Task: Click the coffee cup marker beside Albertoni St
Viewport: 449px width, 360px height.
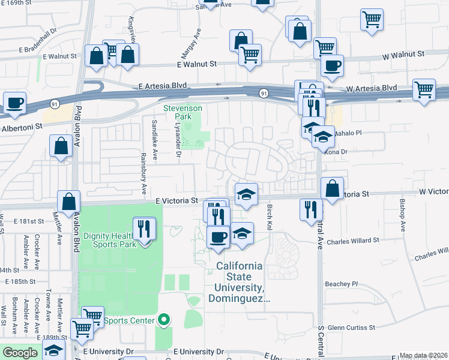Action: (15, 103)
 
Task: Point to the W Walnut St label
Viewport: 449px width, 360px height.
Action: (403, 54)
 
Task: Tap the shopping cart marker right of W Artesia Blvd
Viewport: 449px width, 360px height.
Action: (424, 90)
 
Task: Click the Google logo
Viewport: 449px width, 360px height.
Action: (20, 353)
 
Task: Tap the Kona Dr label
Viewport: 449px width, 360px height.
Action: (340, 152)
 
